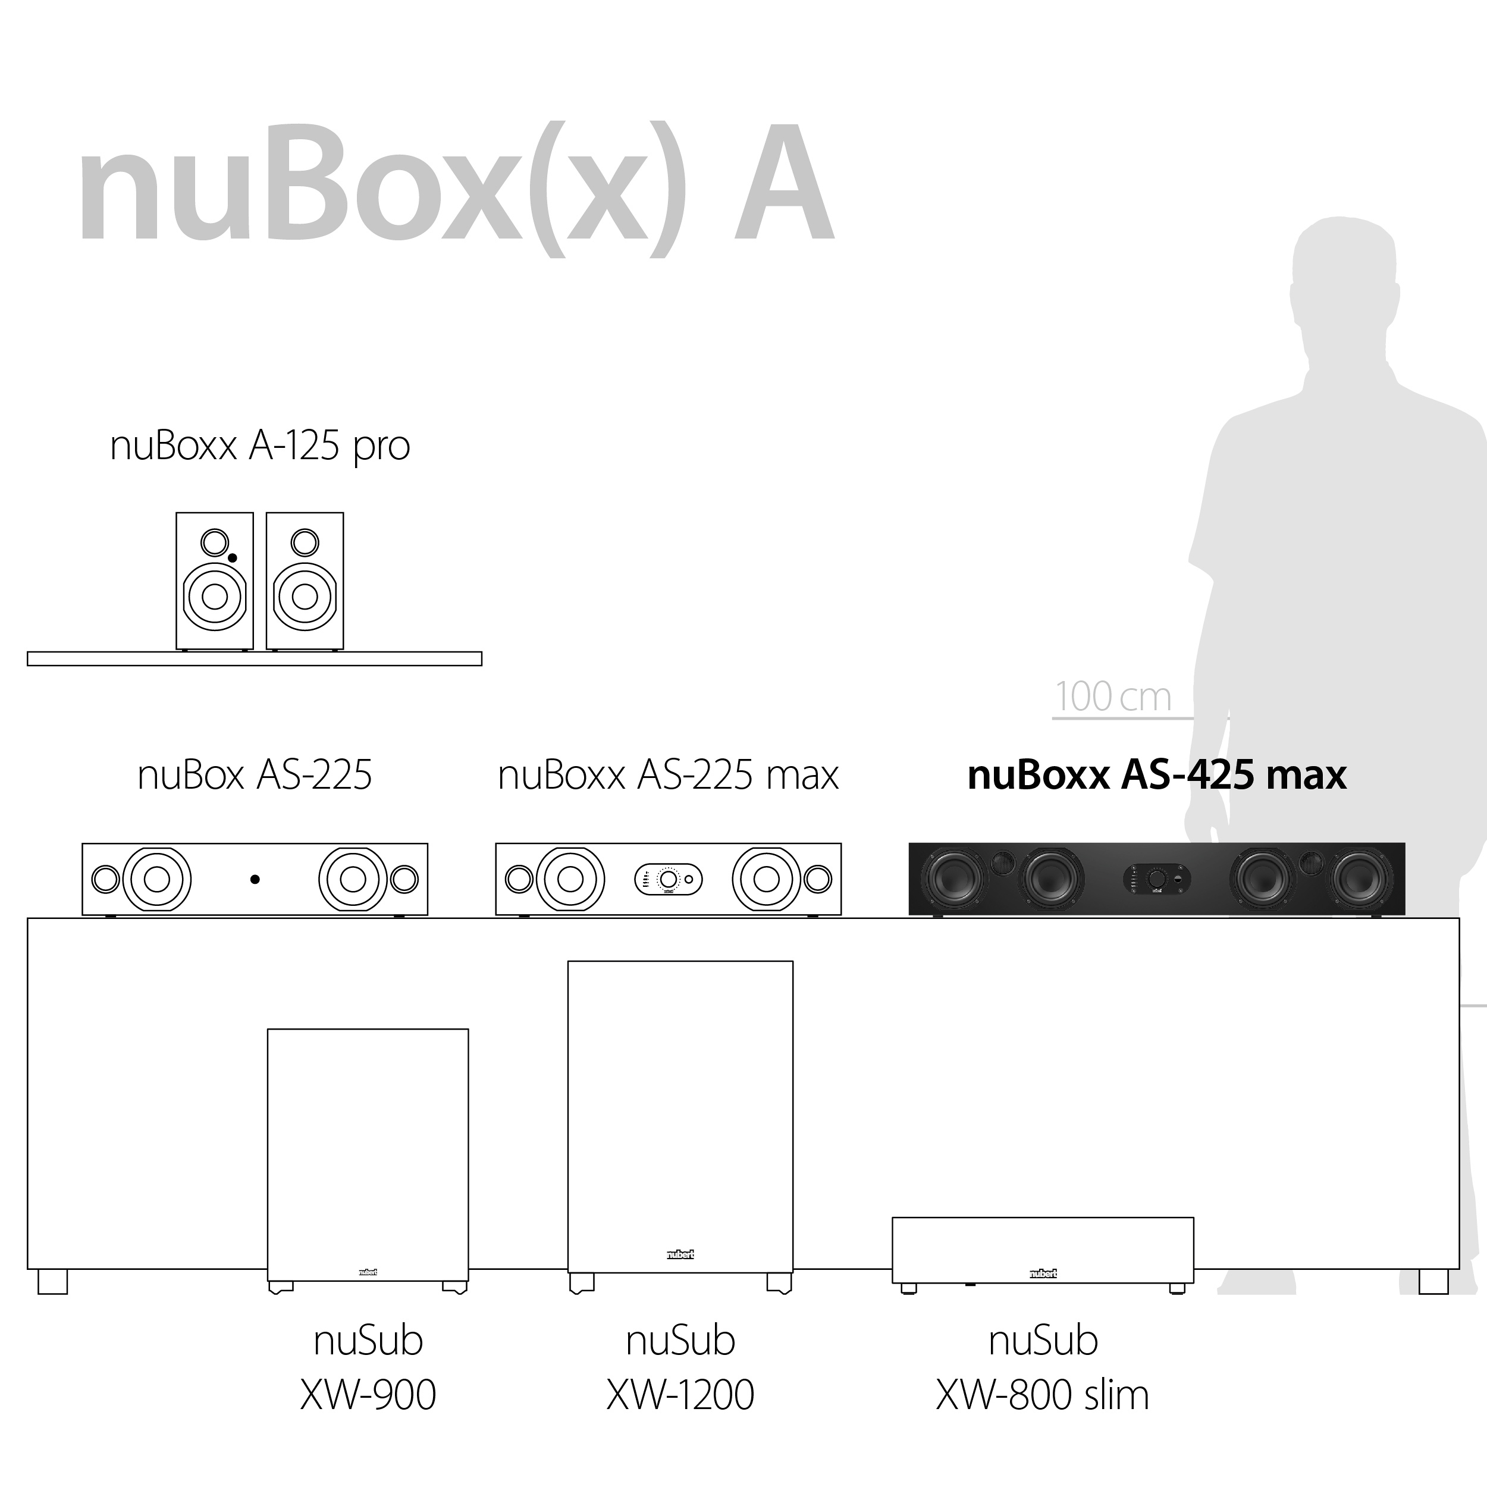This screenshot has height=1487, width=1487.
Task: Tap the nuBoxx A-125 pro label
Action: pos(260,447)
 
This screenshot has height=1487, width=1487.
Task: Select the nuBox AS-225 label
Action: pos(255,775)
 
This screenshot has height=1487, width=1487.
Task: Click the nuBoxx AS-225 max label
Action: pos(668,775)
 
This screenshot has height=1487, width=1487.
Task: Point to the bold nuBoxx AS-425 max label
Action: pos(1157,775)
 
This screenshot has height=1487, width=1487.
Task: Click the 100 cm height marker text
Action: pos(1113,697)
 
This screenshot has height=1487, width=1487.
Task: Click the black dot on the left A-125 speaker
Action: pos(233,558)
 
